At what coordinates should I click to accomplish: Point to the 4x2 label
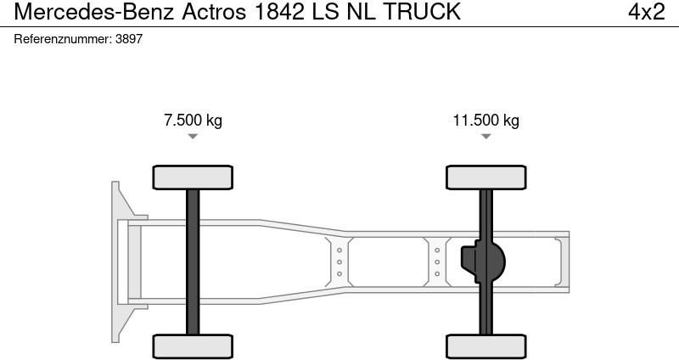click(x=646, y=12)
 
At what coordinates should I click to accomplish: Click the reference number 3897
click(x=129, y=39)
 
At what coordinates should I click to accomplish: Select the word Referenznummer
click(x=62, y=39)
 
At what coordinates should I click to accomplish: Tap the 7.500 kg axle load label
click(x=193, y=120)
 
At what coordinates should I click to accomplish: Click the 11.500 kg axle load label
click(x=485, y=120)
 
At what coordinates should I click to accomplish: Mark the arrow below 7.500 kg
click(x=193, y=136)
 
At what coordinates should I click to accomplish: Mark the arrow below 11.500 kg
click(x=485, y=136)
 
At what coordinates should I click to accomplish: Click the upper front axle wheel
click(x=193, y=177)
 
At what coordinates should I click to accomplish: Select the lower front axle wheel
click(x=193, y=346)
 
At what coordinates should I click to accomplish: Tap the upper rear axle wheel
click(x=485, y=177)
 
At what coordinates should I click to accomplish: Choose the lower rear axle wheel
click(x=485, y=346)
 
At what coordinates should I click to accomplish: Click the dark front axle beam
click(x=193, y=262)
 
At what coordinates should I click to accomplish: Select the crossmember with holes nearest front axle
click(x=339, y=262)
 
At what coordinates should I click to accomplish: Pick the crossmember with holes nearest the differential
click(x=437, y=262)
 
